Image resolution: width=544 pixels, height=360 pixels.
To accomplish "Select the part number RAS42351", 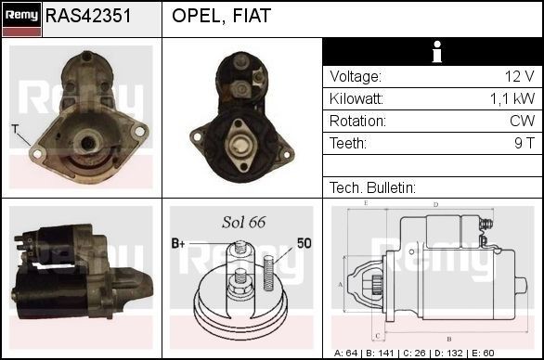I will [87, 17].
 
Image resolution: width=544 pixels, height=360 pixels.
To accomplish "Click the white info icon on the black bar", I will [432, 53].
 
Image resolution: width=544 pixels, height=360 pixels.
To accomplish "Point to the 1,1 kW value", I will [512, 98].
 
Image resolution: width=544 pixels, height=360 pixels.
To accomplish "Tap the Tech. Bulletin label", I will [371, 187].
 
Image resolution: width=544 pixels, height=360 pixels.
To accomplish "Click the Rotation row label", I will [357, 121].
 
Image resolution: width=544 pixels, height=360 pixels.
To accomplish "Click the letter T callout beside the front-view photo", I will [15, 127].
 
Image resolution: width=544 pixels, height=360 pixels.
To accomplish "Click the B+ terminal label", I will [179, 243].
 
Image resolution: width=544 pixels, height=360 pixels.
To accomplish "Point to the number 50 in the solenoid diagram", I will [304, 243].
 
